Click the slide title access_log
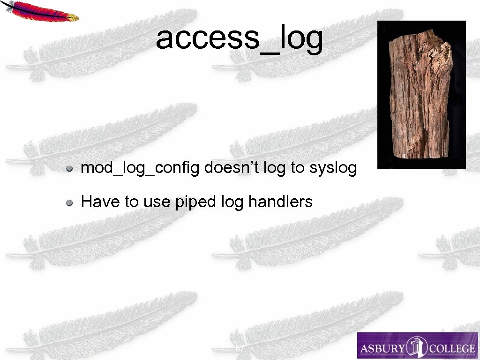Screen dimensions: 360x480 tap(239, 38)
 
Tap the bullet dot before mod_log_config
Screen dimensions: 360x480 tap(69, 168)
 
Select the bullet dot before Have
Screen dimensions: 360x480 tap(69, 202)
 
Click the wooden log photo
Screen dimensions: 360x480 tap(421, 94)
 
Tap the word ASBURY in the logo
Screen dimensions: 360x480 tap(382, 348)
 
